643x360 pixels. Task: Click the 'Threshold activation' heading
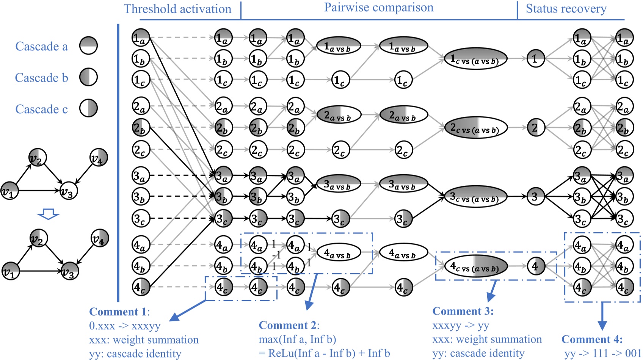(177, 9)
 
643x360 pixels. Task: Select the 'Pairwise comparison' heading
(378, 8)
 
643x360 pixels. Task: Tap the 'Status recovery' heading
(566, 9)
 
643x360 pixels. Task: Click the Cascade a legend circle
(88, 46)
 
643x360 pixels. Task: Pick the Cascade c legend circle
(88, 109)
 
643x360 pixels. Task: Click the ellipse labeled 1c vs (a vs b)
(475, 59)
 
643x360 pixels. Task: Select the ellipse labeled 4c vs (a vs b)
(475, 267)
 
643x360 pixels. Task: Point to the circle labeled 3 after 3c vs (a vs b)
(535, 197)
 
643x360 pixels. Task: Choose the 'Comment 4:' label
(592, 339)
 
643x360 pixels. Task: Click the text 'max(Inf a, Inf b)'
(297, 339)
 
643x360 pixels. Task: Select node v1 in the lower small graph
(10, 271)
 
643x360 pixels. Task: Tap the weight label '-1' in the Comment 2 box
(276, 255)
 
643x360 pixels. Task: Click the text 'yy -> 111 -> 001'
(602, 353)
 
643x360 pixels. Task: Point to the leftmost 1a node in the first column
(141, 38)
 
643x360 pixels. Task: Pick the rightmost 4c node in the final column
(624, 287)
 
